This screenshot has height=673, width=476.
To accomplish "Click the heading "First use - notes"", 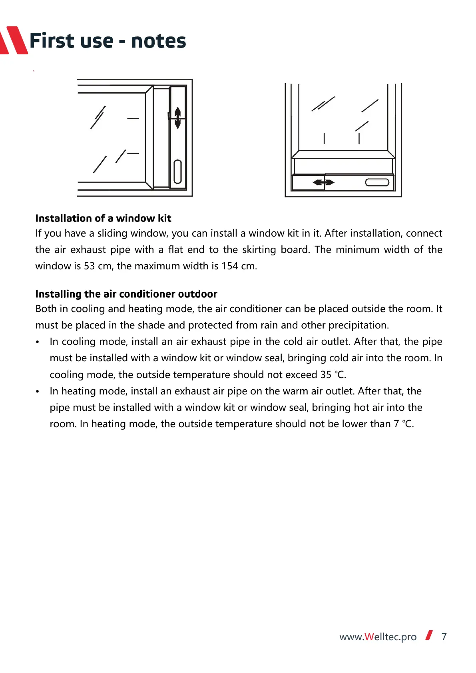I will click(108, 41).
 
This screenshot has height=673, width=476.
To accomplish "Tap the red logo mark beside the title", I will click(14, 40).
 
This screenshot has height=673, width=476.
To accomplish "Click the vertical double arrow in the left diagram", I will click(178, 118).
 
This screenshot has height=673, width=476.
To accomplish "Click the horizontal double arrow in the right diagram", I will click(323, 183).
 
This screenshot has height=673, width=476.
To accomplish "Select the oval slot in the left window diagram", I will click(178, 171).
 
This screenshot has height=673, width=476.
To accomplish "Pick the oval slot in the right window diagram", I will click(377, 183).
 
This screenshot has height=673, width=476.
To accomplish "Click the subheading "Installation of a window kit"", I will click(103, 218).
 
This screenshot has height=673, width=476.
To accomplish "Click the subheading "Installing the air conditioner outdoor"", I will click(126, 294).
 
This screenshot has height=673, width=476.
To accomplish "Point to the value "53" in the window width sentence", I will click(89, 266).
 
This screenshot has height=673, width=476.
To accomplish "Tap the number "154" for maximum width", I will click(230, 266).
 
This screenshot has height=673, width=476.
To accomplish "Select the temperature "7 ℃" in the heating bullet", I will click(403, 424).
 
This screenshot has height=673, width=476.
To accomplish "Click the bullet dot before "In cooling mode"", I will click(38, 342).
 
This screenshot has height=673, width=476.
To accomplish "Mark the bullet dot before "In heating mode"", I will click(38, 392).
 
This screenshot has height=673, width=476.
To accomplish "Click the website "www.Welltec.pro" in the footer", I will click(378, 637).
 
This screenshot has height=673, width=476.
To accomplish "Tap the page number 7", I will click(444, 637).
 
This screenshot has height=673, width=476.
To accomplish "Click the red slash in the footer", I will click(429, 635).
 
